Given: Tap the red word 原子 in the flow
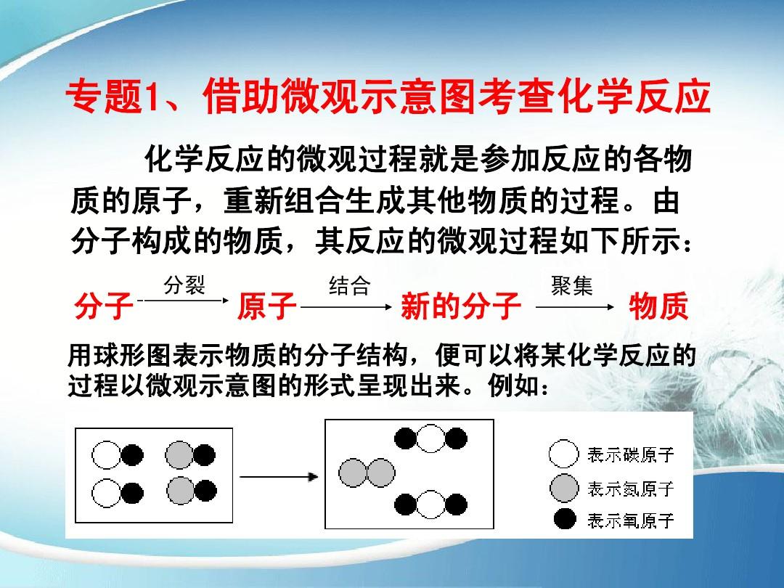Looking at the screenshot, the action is coord(267,306).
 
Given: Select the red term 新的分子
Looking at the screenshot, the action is coord(461,306).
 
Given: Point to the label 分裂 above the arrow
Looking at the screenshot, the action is coord(184,285).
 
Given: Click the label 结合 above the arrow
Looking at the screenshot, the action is coord(349,286).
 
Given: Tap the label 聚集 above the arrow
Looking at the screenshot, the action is coord(572,286).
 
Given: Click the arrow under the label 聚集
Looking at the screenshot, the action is coord(574,306).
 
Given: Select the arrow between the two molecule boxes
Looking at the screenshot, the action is coord(279,476).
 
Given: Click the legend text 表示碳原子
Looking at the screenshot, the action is coord(631,454).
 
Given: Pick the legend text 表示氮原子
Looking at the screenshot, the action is coord(631,488).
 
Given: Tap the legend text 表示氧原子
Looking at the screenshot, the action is coord(631,520).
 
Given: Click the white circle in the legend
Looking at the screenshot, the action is coord(563,454).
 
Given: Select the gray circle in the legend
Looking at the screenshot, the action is coord(564,488).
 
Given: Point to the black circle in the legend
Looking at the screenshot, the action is coord(565,520).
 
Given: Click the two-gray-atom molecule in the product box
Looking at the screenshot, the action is coord(367,473).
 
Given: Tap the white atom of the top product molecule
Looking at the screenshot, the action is coord(430,438).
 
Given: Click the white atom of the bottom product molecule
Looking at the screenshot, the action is coord(430,505).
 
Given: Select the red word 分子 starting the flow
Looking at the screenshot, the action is coord(104,306).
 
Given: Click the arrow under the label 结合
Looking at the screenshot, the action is coord(346,306).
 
